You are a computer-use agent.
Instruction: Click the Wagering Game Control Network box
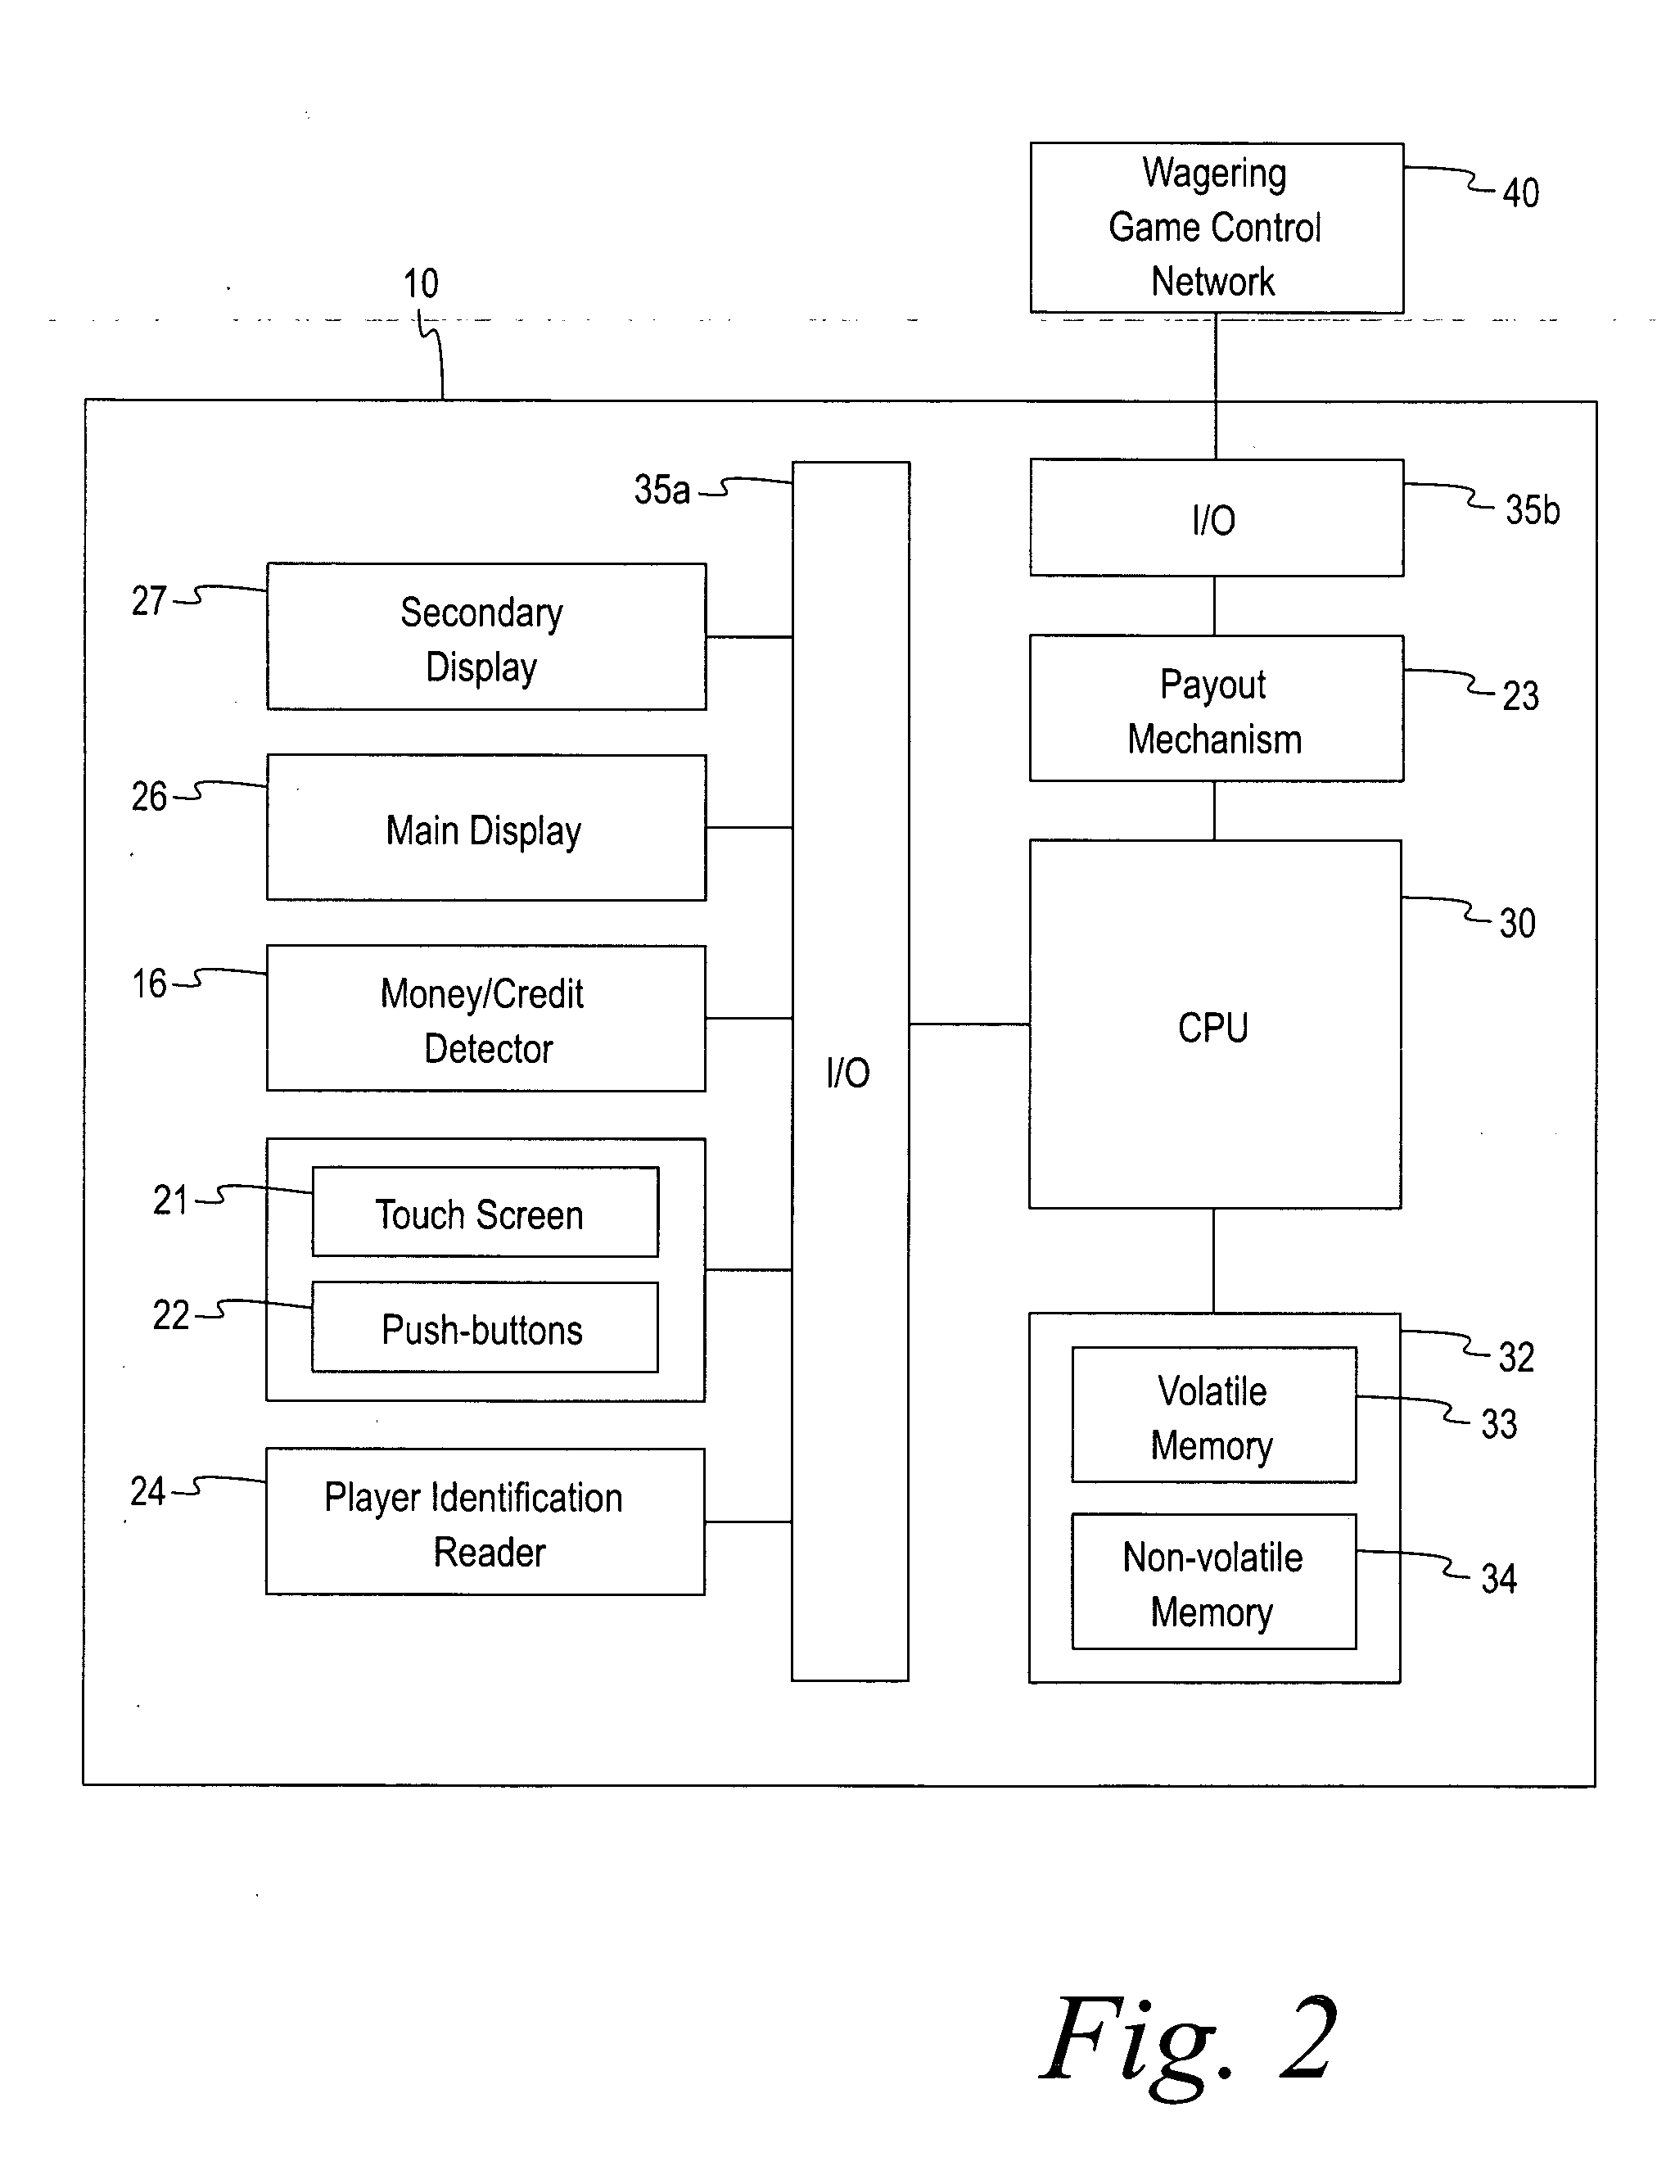1216,228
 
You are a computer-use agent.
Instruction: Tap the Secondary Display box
486,637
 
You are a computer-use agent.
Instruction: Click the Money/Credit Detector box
486,1019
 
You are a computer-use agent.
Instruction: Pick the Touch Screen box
485,1212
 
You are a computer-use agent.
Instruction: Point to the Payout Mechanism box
1216,709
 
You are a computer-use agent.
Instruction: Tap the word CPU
1212,1028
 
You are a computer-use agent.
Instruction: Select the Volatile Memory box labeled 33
1212,1415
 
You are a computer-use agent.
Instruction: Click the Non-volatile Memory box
1212,1582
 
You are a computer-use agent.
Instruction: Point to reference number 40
1520,192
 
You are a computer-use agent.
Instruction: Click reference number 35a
661,490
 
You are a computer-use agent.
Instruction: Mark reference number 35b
1532,510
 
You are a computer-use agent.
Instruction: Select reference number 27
149,601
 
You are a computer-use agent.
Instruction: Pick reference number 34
1498,1579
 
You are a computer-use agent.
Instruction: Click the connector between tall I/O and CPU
968,1024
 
